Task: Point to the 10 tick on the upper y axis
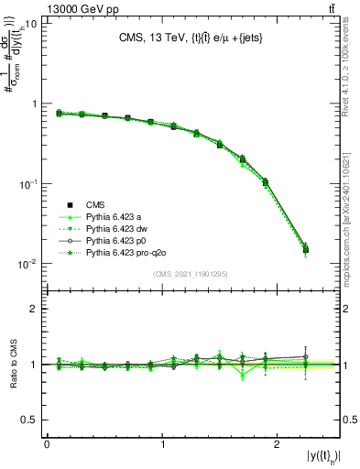click(29, 24)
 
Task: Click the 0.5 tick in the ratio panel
click(27, 420)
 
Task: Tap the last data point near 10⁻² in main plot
click(305, 248)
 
